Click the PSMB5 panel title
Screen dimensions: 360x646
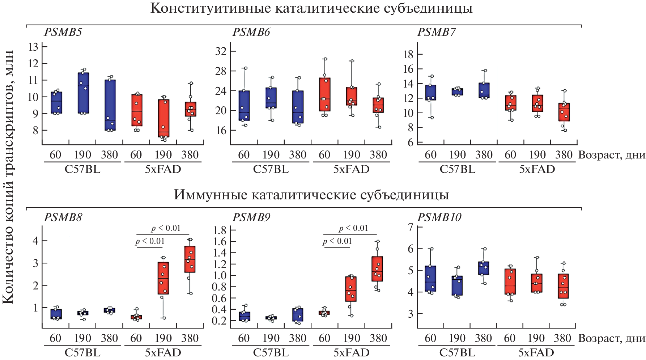(63, 32)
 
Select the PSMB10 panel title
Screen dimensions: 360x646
(439, 217)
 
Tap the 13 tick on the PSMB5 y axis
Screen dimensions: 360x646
(34, 47)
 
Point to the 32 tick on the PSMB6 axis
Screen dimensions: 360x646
(221, 51)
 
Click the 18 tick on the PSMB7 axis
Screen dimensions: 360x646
(408, 54)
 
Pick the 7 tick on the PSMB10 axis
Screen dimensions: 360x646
(411, 227)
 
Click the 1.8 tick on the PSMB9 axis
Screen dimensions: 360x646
(220, 230)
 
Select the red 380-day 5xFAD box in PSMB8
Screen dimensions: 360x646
(190, 259)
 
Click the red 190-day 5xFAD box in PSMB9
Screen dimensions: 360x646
(351, 289)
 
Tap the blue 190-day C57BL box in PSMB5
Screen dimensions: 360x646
(83, 93)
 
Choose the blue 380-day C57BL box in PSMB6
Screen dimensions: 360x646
(298, 107)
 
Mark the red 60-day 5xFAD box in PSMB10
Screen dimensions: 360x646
(510, 281)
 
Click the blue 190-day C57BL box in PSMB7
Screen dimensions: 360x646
(458, 92)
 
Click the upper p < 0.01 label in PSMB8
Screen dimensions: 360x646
(166, 228)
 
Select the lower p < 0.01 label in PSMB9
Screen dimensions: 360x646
(337, 241)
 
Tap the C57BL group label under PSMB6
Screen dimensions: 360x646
(271, 169)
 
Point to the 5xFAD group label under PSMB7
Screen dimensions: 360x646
(537, 169)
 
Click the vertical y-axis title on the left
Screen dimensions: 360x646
(8, 177)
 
